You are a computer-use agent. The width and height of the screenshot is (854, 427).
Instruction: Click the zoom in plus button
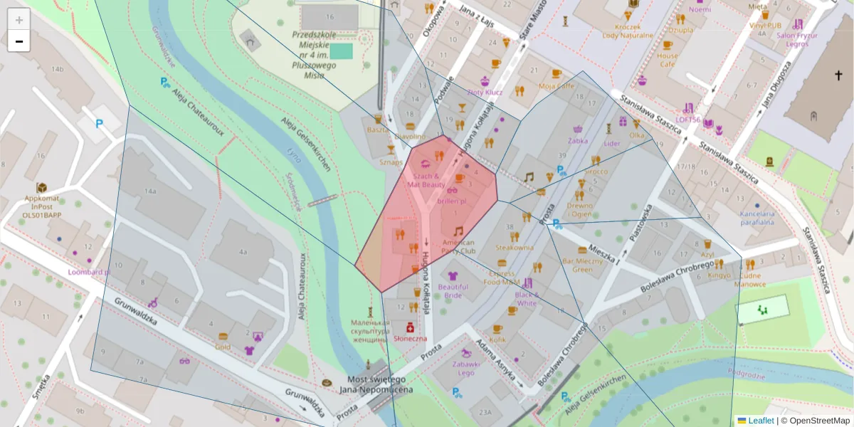pyautogui.click(x=19, y=20)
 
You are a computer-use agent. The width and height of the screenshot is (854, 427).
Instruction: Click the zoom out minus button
pyautogui.click(x=19, y=41)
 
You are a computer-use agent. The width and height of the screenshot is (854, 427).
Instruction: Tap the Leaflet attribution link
pyautogui.click(x=761, y=421)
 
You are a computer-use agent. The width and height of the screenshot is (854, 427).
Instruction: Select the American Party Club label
pyautogui.click(x=458, y=246)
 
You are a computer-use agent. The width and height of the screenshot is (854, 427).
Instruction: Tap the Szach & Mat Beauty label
pyautogui.click(x=426, y=180)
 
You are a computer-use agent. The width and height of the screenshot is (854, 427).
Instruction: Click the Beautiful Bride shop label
pyautogui.click(x=453, y=290)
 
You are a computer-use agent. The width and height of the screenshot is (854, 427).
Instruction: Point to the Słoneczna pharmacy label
pyautogui.click(x=410, y=339)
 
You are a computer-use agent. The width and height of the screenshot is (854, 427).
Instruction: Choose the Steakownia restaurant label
pyautogui.click(x=515, y=248)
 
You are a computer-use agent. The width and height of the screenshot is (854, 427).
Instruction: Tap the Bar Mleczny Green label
pyautogui.click(x=582, y=265)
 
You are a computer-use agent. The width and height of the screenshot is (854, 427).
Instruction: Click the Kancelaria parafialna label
pyautogui.click(x=757, y=218)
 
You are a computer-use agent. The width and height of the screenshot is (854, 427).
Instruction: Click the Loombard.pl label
pyautogui.click(x=89, y=272)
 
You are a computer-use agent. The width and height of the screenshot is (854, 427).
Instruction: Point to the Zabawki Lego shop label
pyautogui.click(x=466, y=368)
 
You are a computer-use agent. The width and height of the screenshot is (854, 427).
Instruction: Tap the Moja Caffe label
pyautogui.click(x=556, y=86)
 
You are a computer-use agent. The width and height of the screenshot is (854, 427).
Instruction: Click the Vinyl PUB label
pyautogui.click(x=765, y=25)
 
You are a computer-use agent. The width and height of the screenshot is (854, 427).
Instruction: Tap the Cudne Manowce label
pyautogui.click(x=750, y=279)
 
